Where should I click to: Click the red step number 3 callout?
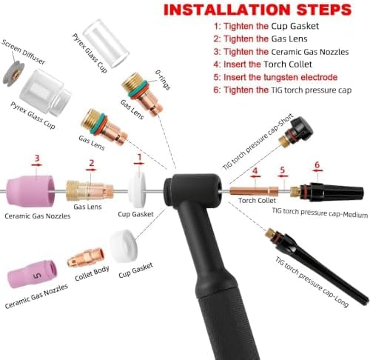tap(37, 158)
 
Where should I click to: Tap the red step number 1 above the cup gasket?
tap(139, 157)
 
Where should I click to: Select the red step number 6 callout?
tap(317, 164)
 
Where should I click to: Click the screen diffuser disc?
tap(14, 74)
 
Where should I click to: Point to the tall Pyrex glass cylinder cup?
tap(106, 44)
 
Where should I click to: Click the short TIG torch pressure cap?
tap(296, 133)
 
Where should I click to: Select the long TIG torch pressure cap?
tap(317, 266)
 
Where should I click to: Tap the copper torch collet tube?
tap(254, 191)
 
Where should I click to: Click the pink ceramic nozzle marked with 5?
tap(33, 274)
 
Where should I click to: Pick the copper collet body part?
tap(86, 257)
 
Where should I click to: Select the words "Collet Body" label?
tap(92, 273)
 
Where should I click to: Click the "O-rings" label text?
tap(163, 79)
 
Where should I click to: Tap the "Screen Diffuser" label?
tap(24, 52)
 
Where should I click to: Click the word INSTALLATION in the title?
tap(227, 10)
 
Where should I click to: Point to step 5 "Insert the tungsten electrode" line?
tap(275, 77)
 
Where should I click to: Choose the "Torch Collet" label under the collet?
tap(257, 200)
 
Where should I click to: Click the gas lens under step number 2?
tap(90, 190)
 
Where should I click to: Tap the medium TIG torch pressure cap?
tap(327, 192)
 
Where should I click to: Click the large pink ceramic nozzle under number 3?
tap(30, 191)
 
